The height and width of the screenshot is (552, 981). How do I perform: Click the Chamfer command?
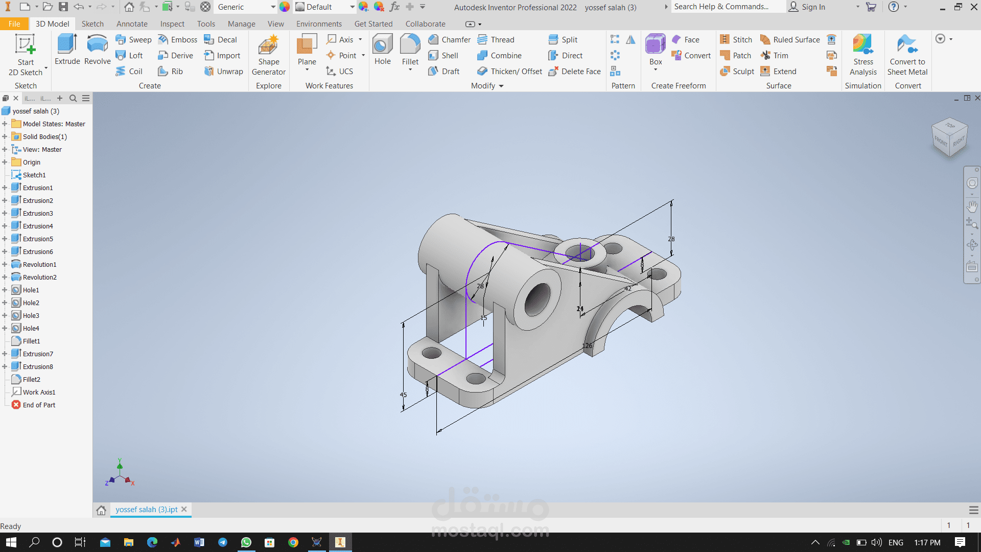click(450, 40)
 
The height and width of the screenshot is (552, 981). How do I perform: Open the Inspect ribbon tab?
click(172, 24)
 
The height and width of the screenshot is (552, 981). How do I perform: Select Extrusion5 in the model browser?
click(37, 239)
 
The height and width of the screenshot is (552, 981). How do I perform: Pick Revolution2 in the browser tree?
click(39, 277)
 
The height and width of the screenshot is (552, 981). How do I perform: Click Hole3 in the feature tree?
click(31, 315)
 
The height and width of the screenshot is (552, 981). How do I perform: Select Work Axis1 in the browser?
click(39, 392)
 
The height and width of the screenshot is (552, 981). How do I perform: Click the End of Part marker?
click(38, 405)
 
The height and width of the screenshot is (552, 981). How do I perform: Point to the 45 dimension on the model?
click(403, 395)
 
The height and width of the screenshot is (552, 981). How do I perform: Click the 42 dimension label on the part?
click(628, 289)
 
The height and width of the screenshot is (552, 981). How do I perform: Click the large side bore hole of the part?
click(537, 299)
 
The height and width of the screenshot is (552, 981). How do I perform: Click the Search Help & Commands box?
click(728, 7)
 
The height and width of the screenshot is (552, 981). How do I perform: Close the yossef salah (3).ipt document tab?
click(184, 509)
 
